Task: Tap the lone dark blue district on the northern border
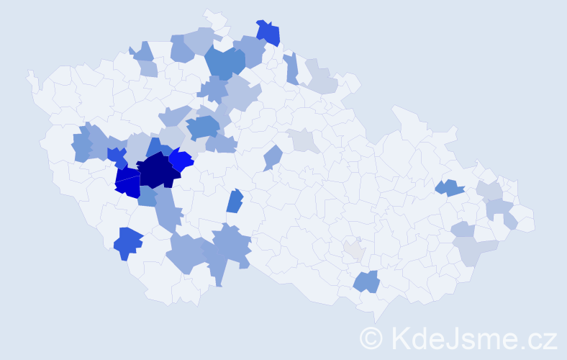pos(268,32)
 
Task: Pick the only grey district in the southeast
pos(354,250)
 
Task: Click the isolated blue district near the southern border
pos(367,281)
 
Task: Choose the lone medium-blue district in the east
pos(450,188)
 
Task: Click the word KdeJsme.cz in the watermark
pos(472,338)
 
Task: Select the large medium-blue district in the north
pos(224,62)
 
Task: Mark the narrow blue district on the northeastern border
pos(291,68)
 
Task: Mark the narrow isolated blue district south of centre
pos(235,201)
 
